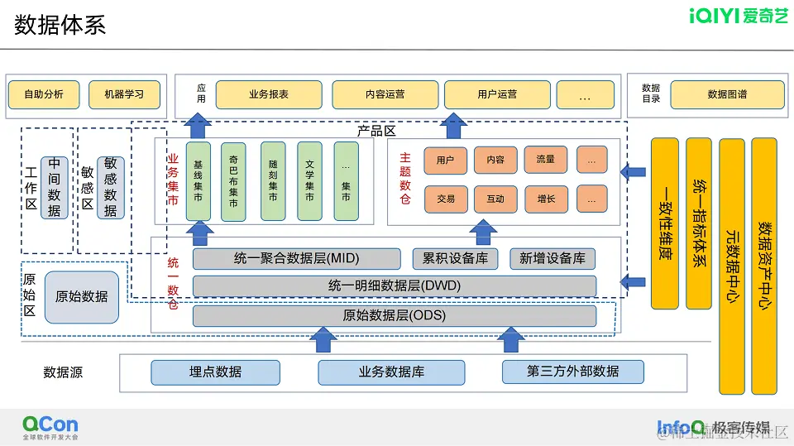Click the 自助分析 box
(x=44, y=94)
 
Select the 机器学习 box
(x=124, y=94)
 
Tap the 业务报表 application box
(x=269, y=94)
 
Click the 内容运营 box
(x=385, y=94)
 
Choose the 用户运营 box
(x=497, y=94)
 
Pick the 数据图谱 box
(x=727, y=94)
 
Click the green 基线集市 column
(x=198, y=181)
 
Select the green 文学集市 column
(x=309, y=181)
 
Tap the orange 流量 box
(x=545, y=160)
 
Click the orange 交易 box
(x=446, y=199)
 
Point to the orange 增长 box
(x=546, y=199)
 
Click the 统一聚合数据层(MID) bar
(x=296, y=258)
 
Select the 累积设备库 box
(x=455, y=258)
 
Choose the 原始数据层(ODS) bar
(x=394, y=315)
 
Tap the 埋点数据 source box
(x=215, y=372)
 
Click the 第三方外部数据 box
(x=572, y=372)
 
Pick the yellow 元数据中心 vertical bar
(x=731, y=265)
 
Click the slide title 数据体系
(x=60, y=26)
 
